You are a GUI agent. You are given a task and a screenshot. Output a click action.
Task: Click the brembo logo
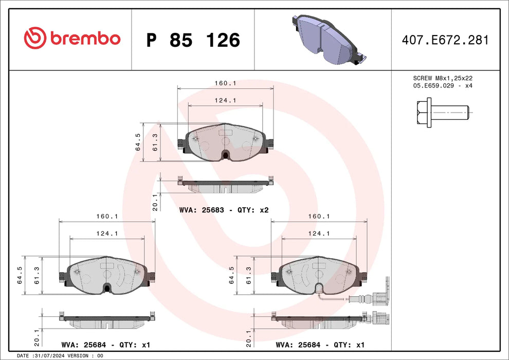coord(72,39)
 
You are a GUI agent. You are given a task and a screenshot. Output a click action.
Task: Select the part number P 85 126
coord(193,40)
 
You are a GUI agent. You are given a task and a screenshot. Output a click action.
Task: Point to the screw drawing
coord(442,112)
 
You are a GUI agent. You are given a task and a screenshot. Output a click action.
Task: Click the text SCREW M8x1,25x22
coord(443,78)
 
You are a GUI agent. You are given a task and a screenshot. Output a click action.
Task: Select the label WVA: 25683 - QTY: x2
coord(224,210)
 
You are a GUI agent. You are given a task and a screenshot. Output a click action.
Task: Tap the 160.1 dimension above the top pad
coord(225,83)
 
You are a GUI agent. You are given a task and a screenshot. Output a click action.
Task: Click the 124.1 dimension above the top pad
coord(225,101)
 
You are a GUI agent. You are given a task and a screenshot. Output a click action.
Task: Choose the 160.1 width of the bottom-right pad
coord(319,217)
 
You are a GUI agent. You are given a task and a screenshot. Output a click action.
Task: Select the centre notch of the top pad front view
coord(225,154)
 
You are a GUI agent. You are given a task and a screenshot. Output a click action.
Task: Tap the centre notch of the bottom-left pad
coord(107,288)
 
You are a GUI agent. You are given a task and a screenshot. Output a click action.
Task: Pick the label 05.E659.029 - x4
coord(443,86)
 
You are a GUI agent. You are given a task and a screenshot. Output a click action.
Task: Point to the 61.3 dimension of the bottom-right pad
coord(249,275)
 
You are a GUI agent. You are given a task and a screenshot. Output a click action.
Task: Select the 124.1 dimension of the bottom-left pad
coord(107,233)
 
